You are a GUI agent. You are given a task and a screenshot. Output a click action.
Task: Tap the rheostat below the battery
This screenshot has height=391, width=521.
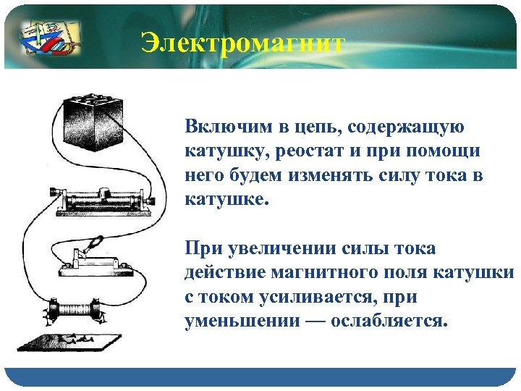pos(105,198)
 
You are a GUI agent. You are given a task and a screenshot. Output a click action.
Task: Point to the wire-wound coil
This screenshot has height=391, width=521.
pos(77,309)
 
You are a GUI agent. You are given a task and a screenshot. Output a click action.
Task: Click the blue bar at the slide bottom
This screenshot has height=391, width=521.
pos(260,377)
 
